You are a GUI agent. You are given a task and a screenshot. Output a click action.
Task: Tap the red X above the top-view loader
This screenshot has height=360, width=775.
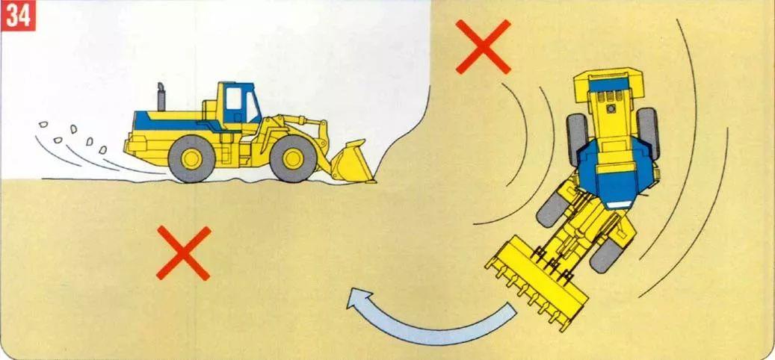pos(483,47)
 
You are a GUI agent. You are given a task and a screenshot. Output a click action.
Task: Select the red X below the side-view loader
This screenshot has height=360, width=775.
pos(184,253)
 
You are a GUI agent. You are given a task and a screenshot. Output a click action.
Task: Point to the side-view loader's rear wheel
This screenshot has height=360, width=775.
pos(191,158)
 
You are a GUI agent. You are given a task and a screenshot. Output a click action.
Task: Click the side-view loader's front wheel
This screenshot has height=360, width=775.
pos(293,158)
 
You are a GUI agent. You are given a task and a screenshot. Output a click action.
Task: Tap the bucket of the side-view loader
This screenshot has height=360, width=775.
pos(352,162)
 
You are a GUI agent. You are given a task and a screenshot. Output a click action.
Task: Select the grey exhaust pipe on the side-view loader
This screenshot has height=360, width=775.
pos(161,97)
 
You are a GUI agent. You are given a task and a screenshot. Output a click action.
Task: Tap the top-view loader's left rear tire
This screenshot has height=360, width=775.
pos(576,139)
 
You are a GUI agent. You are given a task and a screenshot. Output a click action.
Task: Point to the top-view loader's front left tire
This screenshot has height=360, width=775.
pos(551,209)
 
